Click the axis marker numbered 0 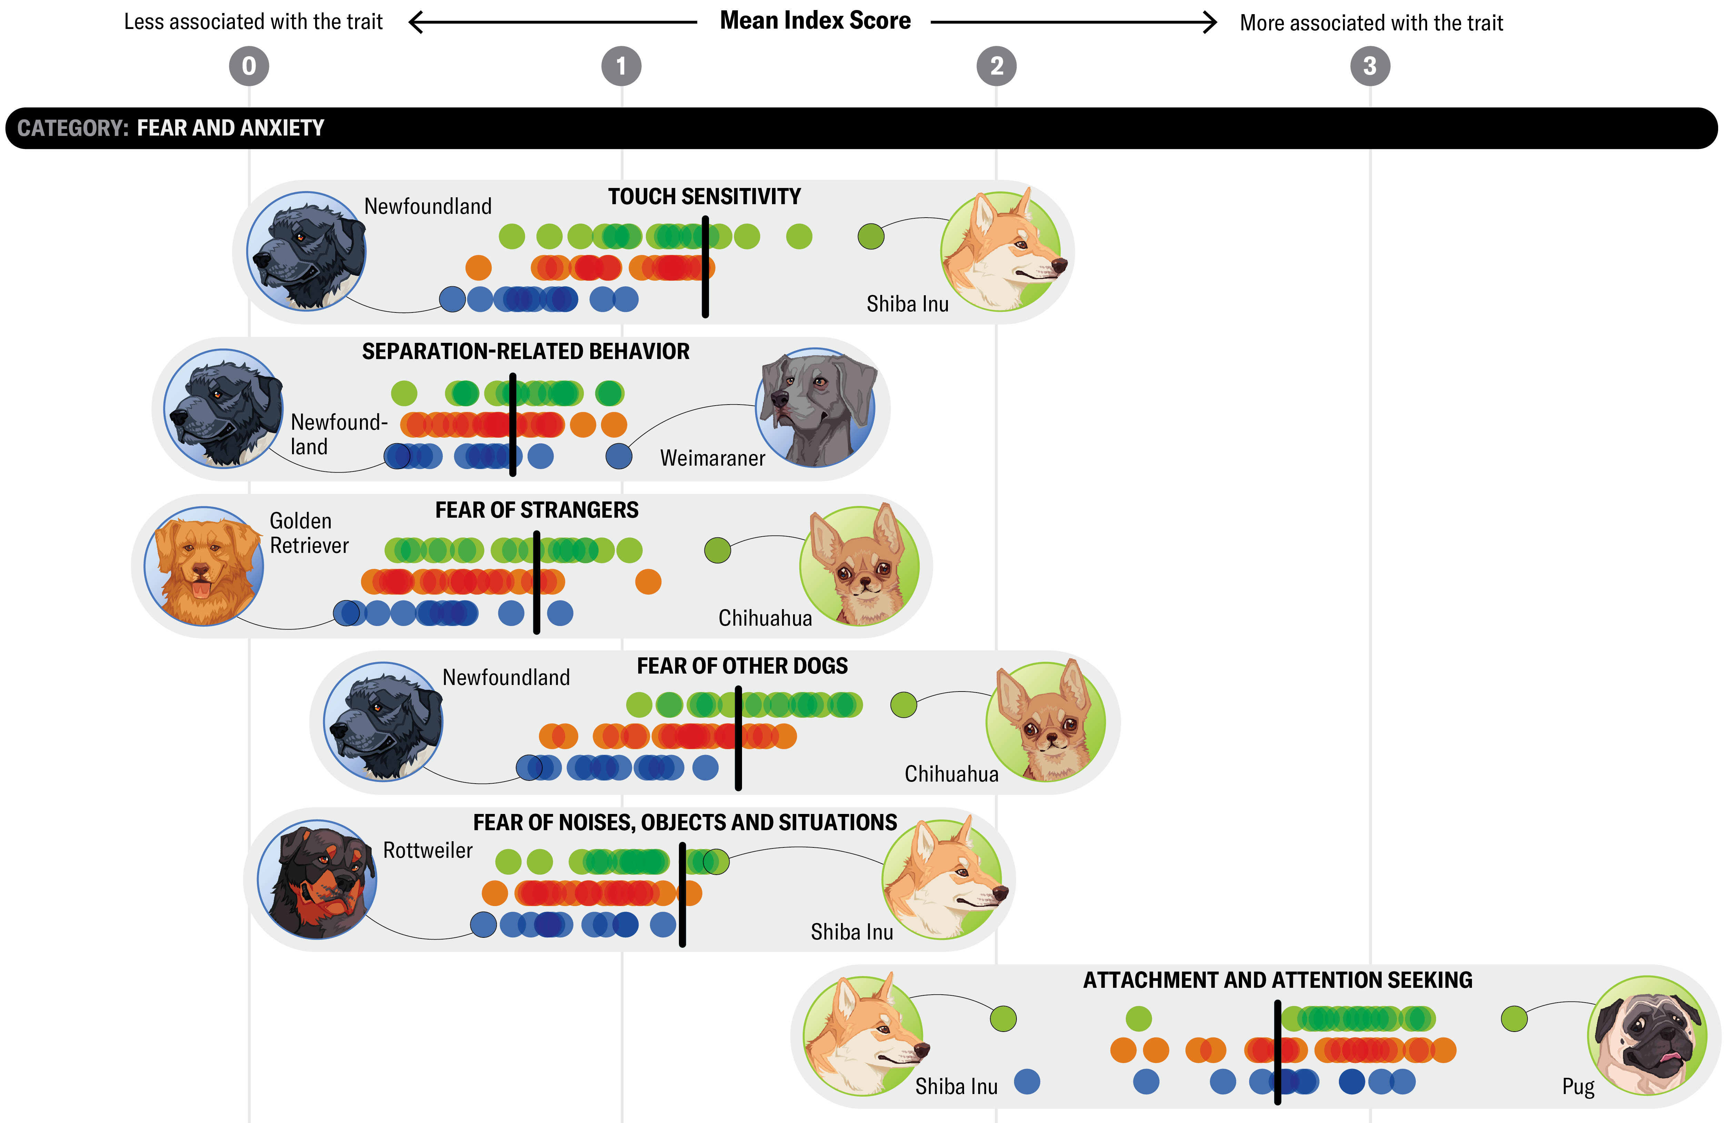249,66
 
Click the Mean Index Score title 815,21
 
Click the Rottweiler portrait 317,879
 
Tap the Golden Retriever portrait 203,566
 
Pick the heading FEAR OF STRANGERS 537,510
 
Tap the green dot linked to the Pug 1514,1019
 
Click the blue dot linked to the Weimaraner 619,456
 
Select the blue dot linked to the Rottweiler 483,924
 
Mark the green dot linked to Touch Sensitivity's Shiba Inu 871,236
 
